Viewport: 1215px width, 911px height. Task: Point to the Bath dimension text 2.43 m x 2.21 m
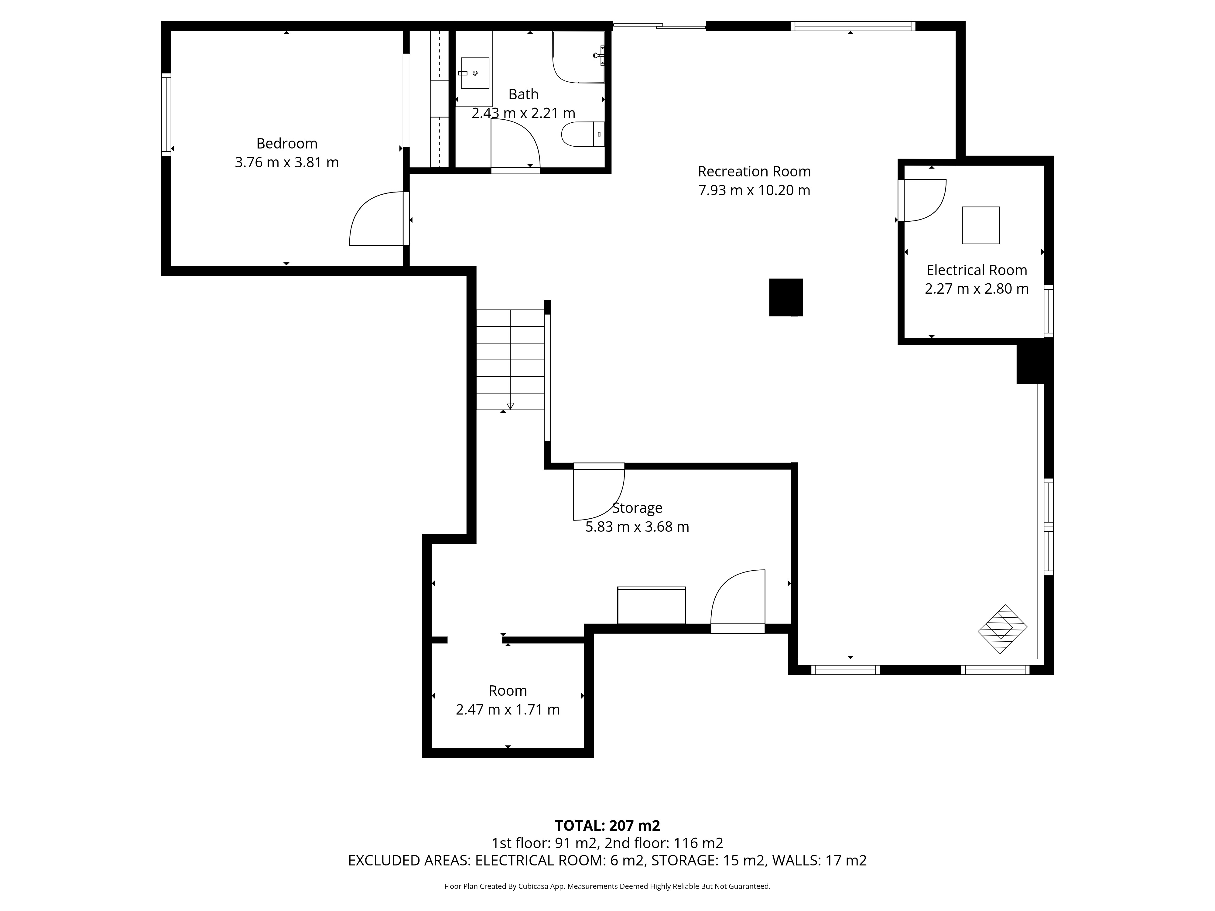click(523, 113)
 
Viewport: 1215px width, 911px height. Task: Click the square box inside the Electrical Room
click(981, 225)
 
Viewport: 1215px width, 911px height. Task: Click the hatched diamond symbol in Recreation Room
click(1002, 629)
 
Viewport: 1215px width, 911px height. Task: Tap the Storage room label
click(637, 508)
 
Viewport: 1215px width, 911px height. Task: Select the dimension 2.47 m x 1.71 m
click(508, 709)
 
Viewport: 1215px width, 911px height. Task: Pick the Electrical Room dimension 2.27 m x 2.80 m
click(977, 289)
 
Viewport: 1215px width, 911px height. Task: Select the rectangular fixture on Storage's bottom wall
click(652, 605)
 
